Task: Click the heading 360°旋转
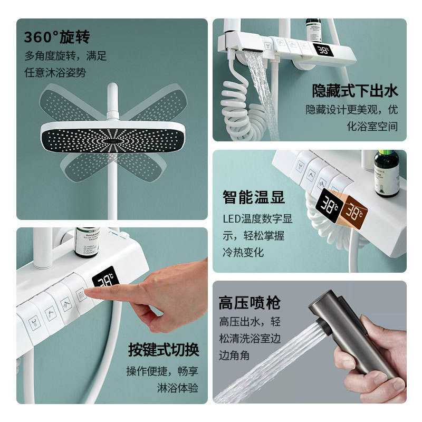(57, 37)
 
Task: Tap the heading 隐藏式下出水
(355, 91)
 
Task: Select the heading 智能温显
(254, 197)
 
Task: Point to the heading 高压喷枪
(250, 303)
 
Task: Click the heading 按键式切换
(164, 350)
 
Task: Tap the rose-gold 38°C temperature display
(353, 213)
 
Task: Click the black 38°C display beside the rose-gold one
(329, 206)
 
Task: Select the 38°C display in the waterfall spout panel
(323, 50)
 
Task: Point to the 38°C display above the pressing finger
(105, 277)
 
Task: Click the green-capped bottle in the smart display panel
(387, 174)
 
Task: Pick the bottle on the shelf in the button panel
(87, 242)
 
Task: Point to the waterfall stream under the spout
(264, 94)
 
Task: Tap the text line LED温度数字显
(257, 219)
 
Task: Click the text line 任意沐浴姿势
(55, 72)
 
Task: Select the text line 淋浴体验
(178, 388)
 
